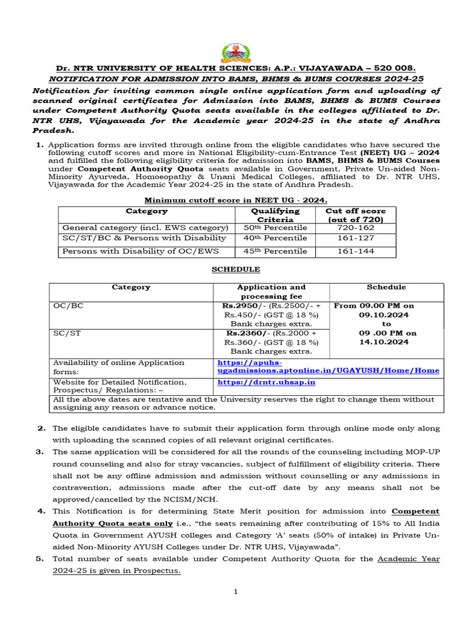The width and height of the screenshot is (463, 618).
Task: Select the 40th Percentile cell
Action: coord(275,238)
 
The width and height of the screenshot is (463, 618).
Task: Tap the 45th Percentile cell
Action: coord(275,251)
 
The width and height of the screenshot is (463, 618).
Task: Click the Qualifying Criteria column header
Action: coord(275,215)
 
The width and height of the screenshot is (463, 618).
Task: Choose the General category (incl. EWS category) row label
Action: coord(145,228)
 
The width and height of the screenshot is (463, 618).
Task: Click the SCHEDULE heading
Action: coord(236,269)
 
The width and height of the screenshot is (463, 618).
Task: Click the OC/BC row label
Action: coord(68,305)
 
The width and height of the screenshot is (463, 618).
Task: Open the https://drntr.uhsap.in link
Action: coord(266,382)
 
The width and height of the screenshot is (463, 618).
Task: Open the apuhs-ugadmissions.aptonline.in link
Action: coord(328,366)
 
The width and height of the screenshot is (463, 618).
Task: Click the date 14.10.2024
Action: coord(384,342)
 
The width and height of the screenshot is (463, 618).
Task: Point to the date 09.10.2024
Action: coord(384,314)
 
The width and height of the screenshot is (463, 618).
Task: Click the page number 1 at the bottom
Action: coord(236,592)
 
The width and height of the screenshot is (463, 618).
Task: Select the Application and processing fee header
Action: coord(271,291)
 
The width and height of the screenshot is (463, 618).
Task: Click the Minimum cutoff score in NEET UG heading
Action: coord(236,200)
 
